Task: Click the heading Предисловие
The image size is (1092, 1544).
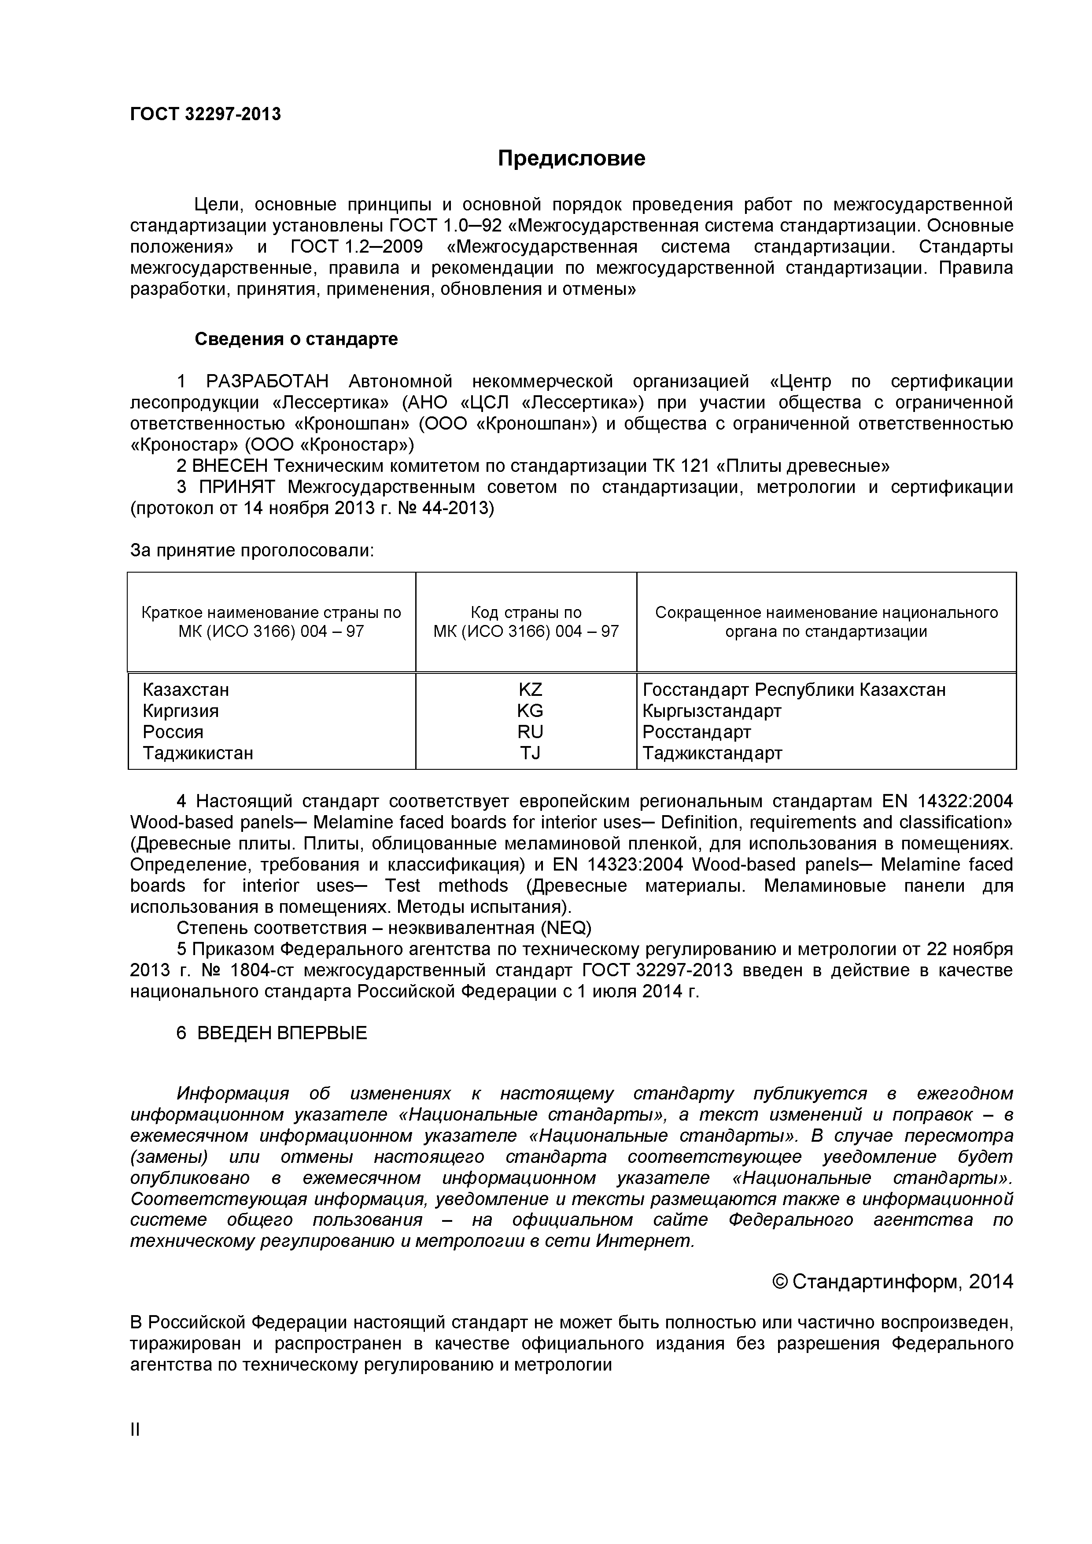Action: coord(571,158)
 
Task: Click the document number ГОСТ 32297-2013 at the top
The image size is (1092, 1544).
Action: coord(205,114)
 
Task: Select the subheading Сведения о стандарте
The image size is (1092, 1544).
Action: coord(296,339)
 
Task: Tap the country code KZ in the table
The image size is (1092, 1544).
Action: coord(530,690)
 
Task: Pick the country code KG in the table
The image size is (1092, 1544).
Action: coord(530,711)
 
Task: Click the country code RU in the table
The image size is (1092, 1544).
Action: coord(530,732)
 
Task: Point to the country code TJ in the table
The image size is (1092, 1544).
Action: coord(530,753)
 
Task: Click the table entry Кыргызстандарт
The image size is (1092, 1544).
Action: coord(712,711)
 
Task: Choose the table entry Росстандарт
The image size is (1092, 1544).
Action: coord(697,732)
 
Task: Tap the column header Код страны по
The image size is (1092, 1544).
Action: coord(526,613)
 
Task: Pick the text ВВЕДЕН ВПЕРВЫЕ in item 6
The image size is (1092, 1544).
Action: coord(282,1033)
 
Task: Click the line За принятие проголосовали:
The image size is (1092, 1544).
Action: coord(251,551)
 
